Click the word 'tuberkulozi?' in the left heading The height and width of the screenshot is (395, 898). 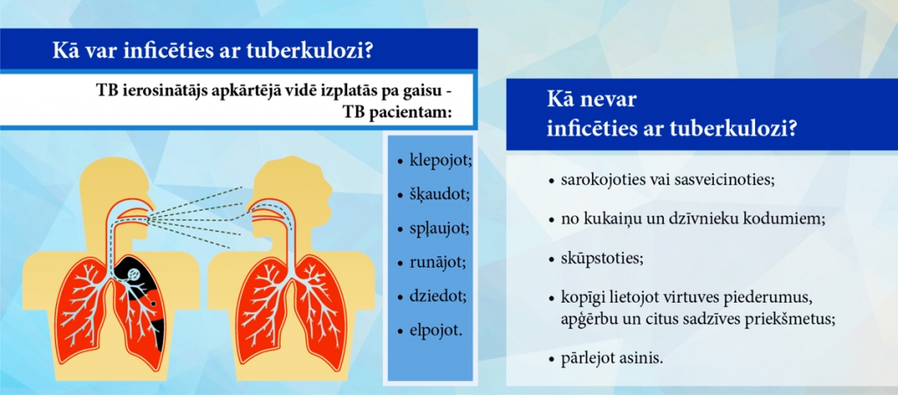(x=314, y=51)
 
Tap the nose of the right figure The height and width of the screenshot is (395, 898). (x=333, y=188)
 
